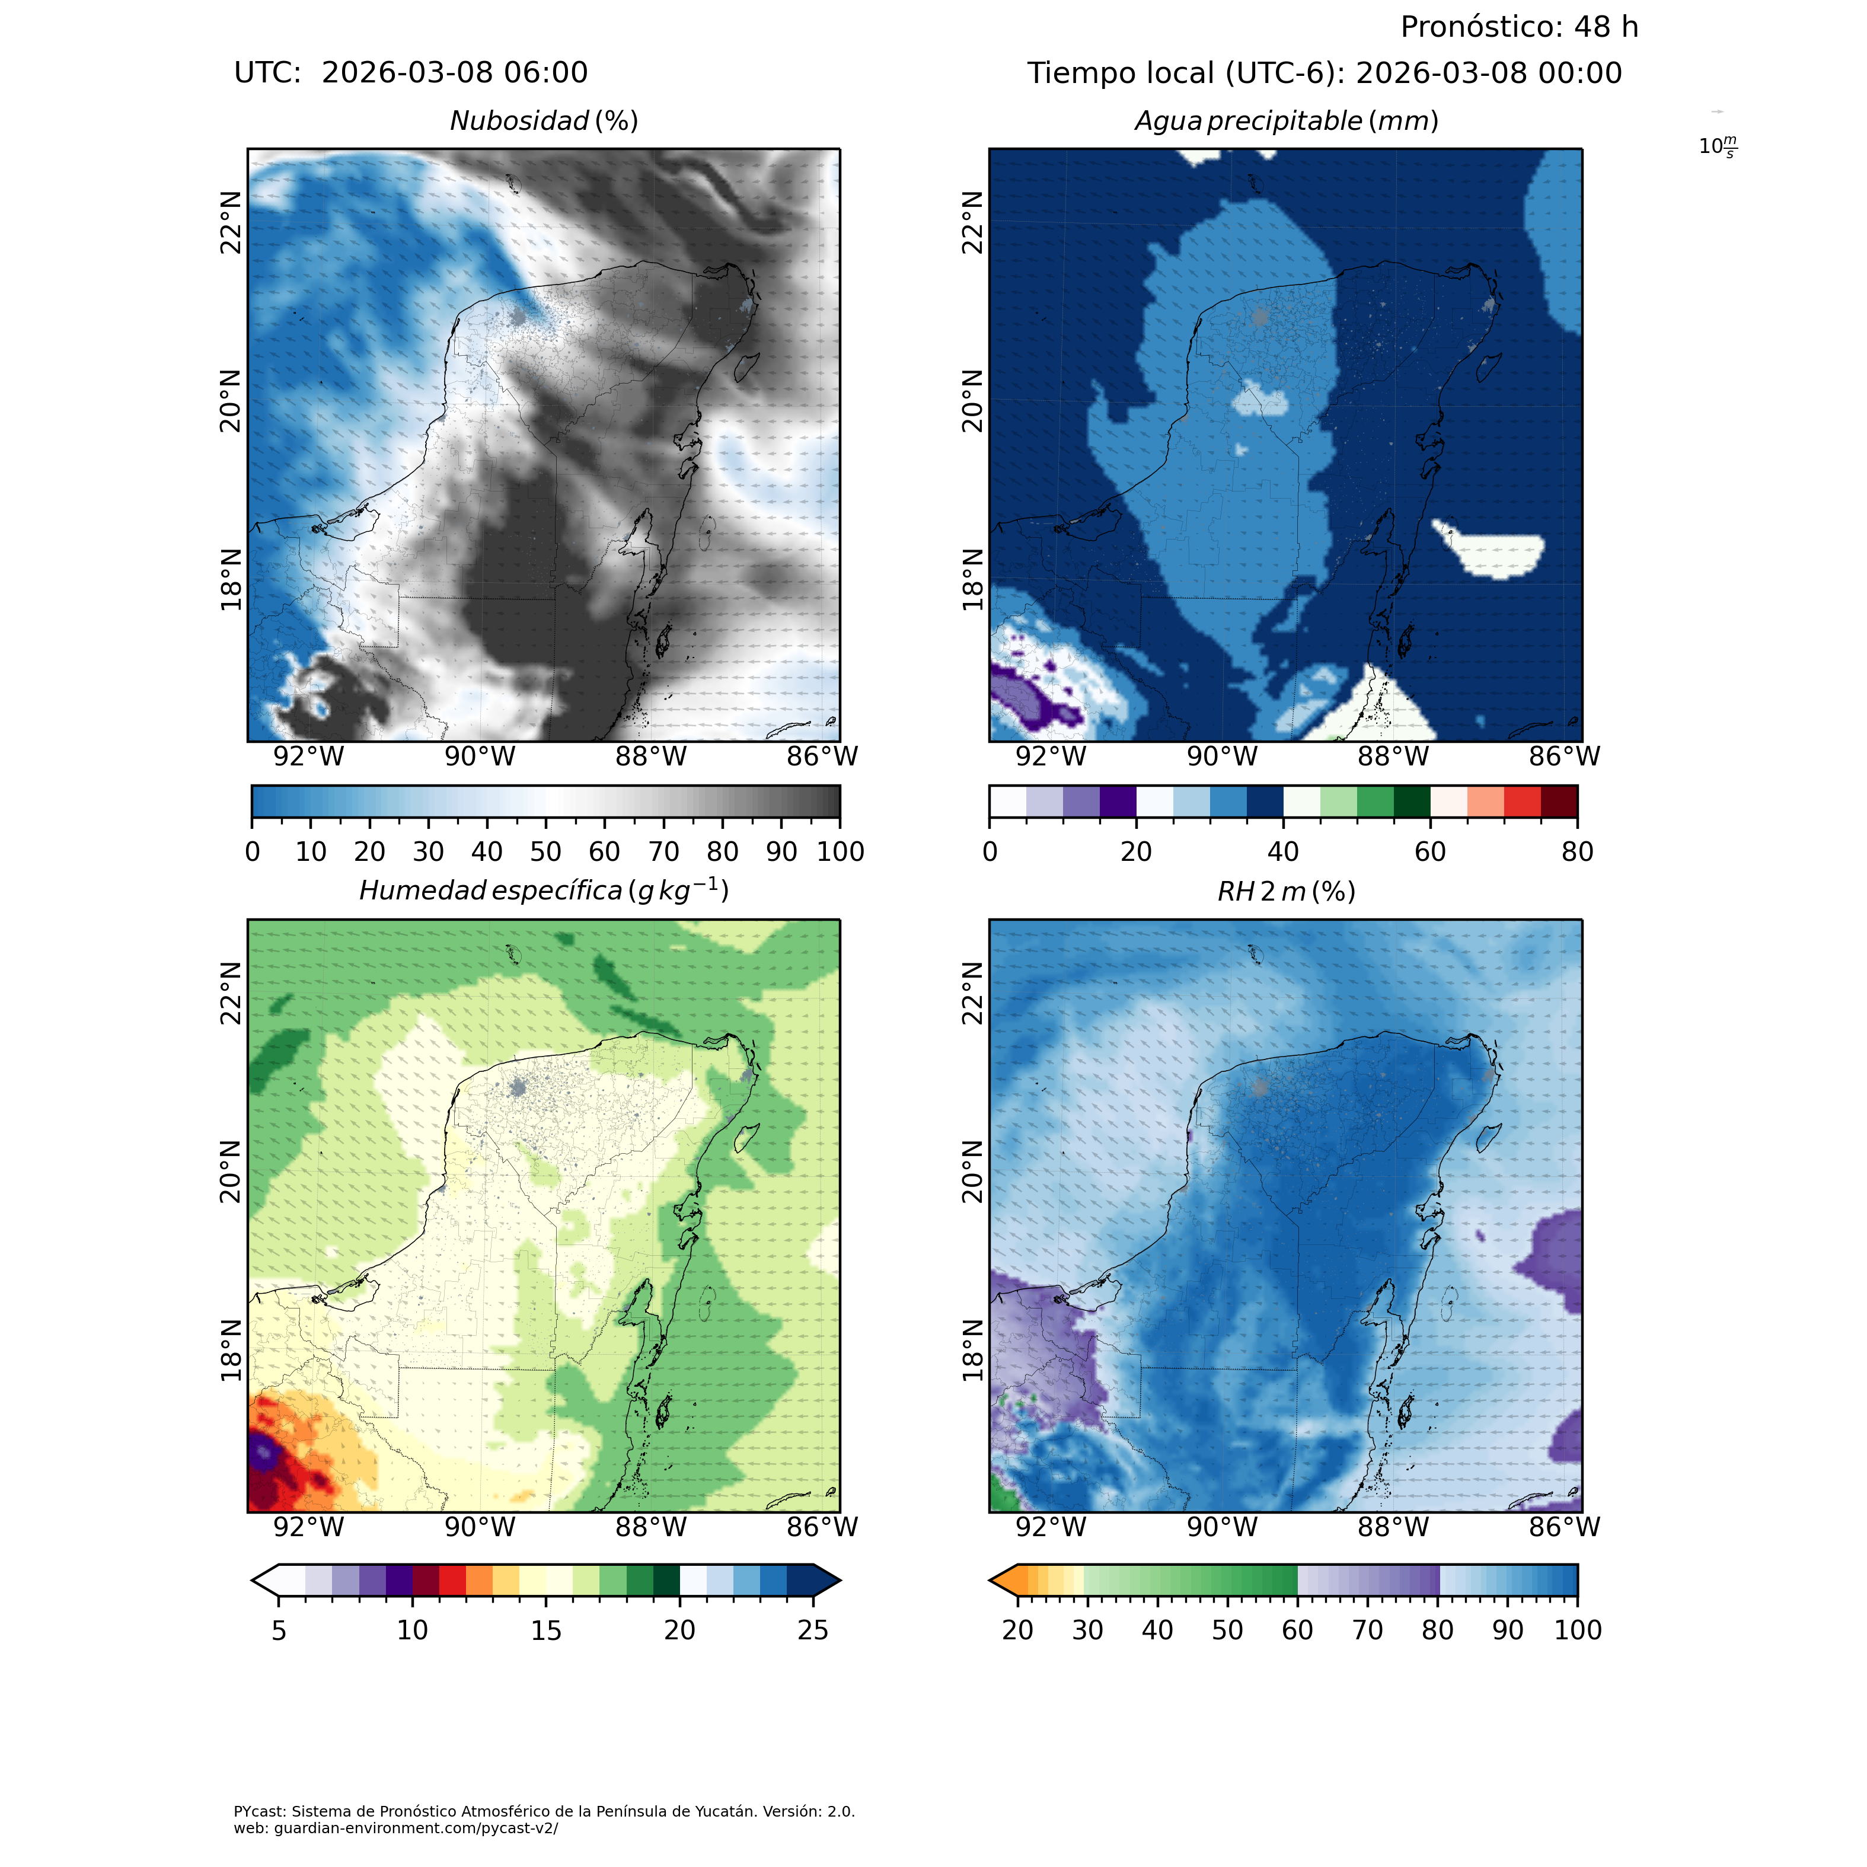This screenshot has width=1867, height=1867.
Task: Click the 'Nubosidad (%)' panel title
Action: (x=544, y=122)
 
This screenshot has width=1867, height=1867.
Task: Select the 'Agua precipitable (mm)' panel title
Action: (x=1286, y=122)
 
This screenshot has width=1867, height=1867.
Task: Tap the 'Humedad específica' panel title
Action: (x=544, y=890)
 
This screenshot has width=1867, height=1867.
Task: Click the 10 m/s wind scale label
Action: (x=1717, y=147)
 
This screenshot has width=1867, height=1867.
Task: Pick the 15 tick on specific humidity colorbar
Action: (x=546, y=1630)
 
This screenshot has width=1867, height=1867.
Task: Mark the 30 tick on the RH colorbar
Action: (x=1087, y=1630)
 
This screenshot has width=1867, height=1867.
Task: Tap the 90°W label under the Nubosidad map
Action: (x=480, y=757)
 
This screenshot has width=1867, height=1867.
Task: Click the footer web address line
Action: (x=396, y=1828)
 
